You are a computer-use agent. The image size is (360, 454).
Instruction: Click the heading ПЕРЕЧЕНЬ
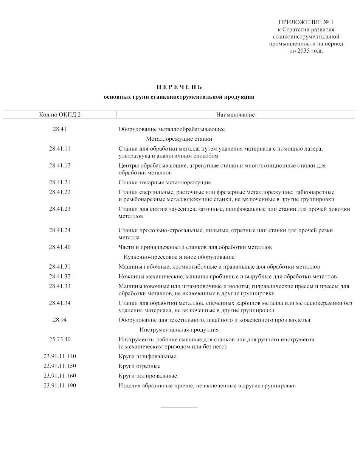pos(179,87)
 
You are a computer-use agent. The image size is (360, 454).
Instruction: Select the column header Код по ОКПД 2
pos(60,115)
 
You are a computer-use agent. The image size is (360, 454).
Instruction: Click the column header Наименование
pos(235,115)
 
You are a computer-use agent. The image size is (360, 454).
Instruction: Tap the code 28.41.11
pos(60,149)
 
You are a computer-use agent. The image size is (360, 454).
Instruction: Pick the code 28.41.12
pos(60,166)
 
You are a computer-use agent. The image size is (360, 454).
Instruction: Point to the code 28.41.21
pos(60,182)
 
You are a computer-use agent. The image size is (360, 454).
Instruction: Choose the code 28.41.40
pos(60,247)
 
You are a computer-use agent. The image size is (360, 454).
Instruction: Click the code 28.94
pos(60,320)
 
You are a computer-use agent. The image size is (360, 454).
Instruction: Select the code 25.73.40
pos(60,339)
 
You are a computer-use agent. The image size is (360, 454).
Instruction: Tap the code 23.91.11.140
pos(60,356)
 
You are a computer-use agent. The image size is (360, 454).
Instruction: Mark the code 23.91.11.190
pos(60,386)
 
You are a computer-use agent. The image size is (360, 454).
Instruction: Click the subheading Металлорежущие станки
pos(179,139)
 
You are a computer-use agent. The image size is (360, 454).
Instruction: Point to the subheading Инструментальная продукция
pos(179,330)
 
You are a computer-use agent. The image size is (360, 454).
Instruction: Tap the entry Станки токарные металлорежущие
pos(164,182)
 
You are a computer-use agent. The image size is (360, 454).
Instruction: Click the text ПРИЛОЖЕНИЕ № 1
pos(306,23)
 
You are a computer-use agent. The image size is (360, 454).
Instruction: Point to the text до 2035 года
pos(306,51)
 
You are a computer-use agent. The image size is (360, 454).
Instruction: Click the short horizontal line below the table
pos(179,407)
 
